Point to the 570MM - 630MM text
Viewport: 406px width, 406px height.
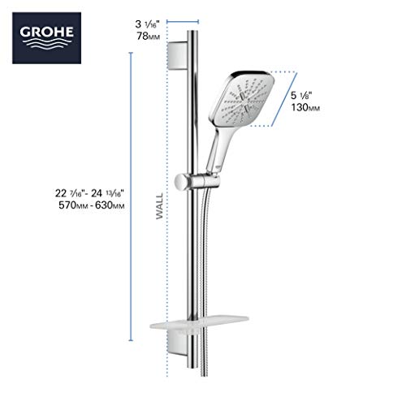[x=87, y=205]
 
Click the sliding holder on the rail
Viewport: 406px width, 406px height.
[x=192, y=179]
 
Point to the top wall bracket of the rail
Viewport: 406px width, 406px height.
[x=183, y=58]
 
